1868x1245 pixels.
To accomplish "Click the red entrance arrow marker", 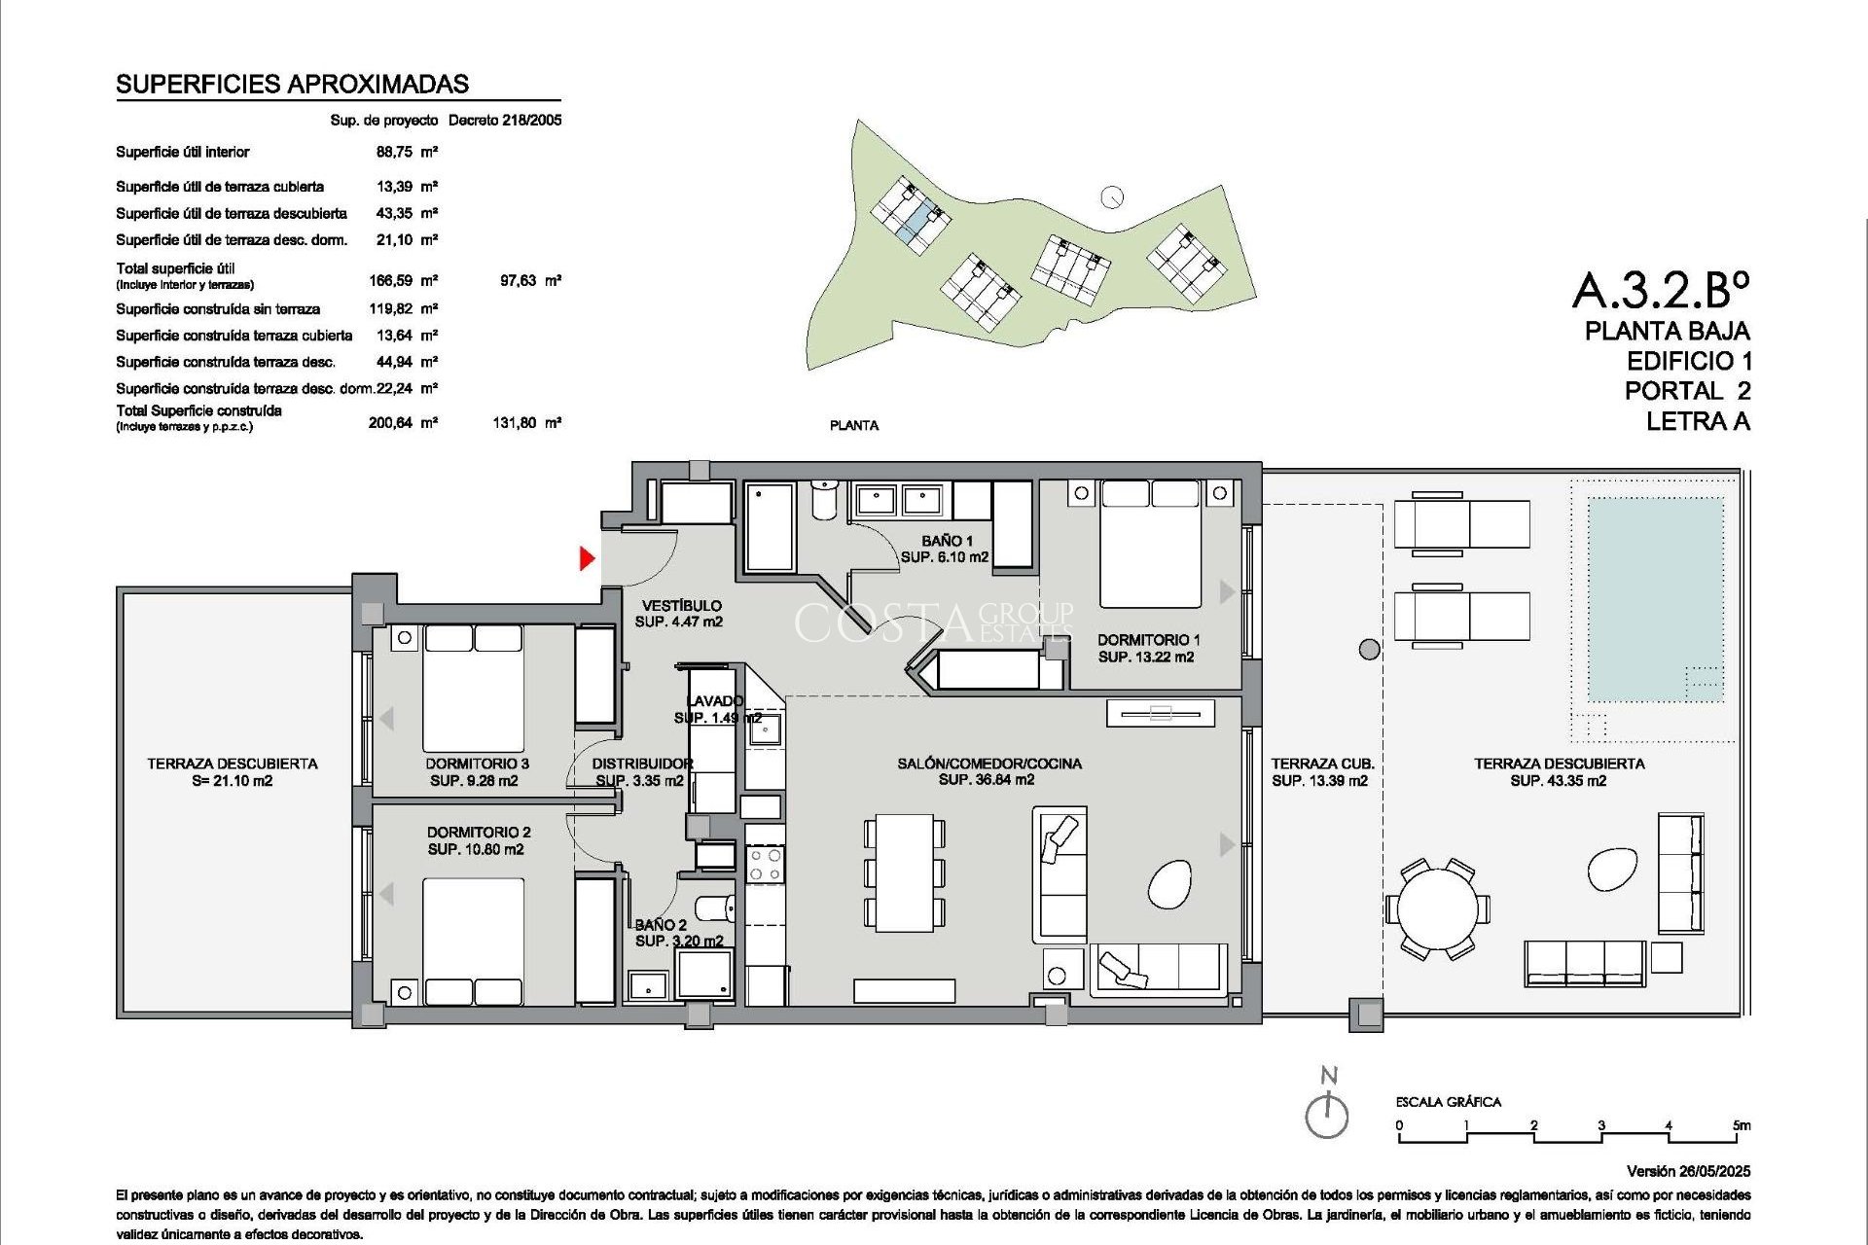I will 587,558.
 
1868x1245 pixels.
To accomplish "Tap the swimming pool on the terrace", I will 1655,598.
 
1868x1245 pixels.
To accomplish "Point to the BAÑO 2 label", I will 662,925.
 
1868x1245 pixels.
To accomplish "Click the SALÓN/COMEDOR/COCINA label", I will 988,764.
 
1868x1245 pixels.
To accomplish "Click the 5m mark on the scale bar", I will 1742,1125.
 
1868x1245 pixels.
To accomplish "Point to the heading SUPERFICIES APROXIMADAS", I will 292,85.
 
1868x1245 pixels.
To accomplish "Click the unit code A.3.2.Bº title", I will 1660,290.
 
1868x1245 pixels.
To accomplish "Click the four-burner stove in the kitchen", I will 765,864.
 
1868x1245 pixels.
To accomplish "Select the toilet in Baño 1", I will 824,500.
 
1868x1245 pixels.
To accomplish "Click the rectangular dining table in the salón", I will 904,872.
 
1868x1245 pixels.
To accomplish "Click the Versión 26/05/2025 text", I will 1687,1171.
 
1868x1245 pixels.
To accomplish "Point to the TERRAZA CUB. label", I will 1321,764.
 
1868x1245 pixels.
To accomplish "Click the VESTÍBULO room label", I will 681,605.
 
